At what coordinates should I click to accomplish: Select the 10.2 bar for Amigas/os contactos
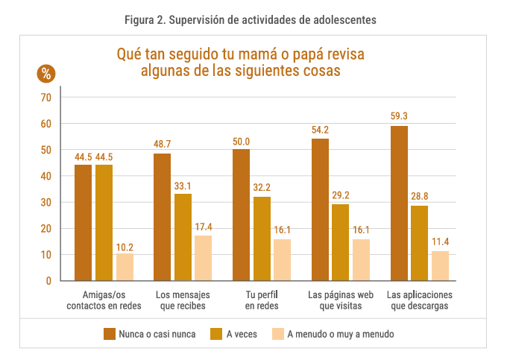coord(125,267)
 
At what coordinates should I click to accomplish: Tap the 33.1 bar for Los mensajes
coord(183,237)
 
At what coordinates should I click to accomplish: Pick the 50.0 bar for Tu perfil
coord(242,215)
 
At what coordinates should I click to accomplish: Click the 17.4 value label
coord(204,227)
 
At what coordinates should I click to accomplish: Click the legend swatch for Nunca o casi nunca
coord(109,334)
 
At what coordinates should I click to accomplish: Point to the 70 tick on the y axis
coord(46,98)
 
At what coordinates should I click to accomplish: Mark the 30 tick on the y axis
coord(46,203)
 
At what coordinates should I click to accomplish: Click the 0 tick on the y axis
coord(48,281)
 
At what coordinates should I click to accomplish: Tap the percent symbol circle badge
coord(46,73)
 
